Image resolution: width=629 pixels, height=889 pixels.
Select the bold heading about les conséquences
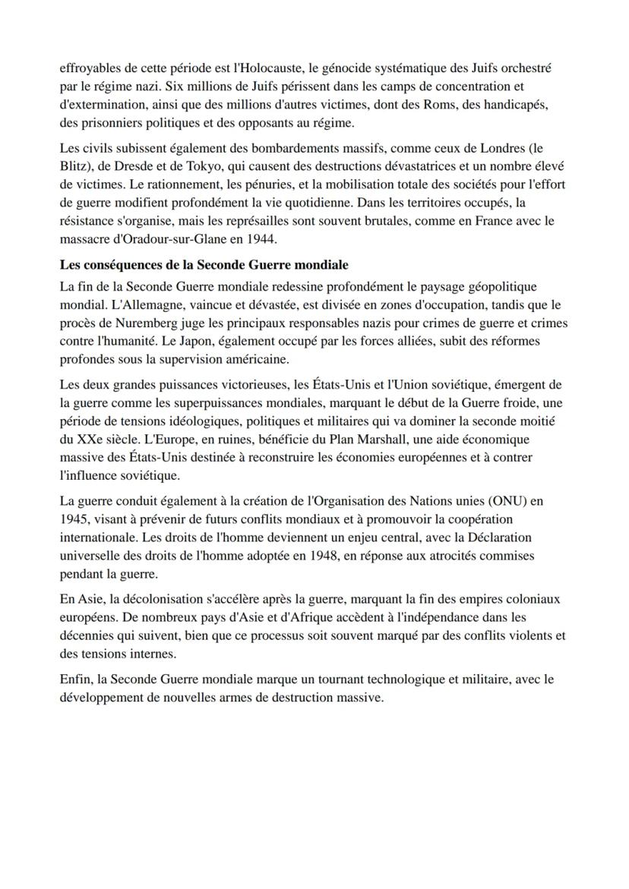pos(204,265)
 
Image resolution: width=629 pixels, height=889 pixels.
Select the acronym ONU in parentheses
pos(498,501)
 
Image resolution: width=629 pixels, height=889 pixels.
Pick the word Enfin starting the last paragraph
pos(75,679)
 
